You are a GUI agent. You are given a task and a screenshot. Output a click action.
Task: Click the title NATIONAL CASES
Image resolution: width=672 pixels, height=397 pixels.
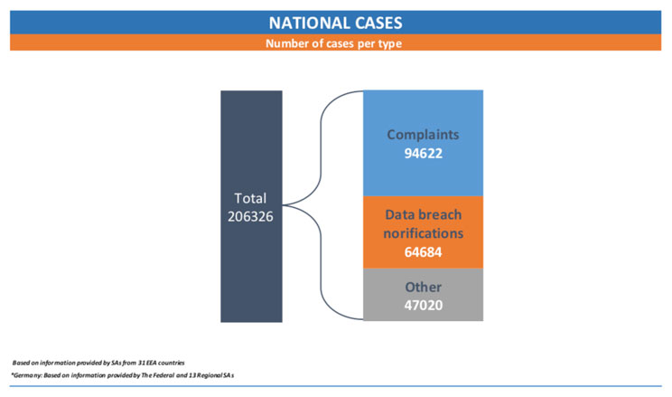point(336,23)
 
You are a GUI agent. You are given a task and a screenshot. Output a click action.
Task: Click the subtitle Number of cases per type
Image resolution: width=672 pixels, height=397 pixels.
point(334,43)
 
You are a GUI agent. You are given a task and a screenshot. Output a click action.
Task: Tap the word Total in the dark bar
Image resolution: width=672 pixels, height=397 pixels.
point(250,198)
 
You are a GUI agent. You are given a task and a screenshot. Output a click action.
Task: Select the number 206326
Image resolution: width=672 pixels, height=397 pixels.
point(250,216)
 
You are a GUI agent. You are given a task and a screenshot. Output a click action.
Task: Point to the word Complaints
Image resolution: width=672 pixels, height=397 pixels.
point(423,135)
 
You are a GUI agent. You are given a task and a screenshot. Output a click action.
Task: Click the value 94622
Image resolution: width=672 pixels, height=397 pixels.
point(423,153)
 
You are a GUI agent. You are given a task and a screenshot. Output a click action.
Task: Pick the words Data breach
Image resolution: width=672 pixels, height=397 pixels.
point(423,214)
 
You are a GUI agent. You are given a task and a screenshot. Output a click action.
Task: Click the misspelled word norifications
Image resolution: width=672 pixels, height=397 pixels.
point(423,233)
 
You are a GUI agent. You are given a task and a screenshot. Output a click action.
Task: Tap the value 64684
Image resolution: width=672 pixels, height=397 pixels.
point(423,252)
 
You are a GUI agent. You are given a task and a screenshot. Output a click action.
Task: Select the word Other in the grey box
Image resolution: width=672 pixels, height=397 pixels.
point(423,287)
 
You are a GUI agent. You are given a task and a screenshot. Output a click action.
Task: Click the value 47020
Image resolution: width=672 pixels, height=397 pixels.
point(423,305)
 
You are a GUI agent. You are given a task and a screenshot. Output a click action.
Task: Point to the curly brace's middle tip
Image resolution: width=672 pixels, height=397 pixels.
point(284,205)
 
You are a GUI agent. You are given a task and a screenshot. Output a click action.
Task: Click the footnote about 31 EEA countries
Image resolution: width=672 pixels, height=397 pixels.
point(98,363)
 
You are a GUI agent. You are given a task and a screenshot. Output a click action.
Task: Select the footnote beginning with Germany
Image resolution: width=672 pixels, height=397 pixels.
point(123,375)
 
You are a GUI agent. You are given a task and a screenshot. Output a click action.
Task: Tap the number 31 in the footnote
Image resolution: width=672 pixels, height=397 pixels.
point(142,363)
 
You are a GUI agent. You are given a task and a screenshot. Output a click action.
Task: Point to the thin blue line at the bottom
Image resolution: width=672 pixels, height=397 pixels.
point(336,386)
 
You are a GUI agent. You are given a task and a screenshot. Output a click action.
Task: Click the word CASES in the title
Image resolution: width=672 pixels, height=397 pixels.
point(374,23)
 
